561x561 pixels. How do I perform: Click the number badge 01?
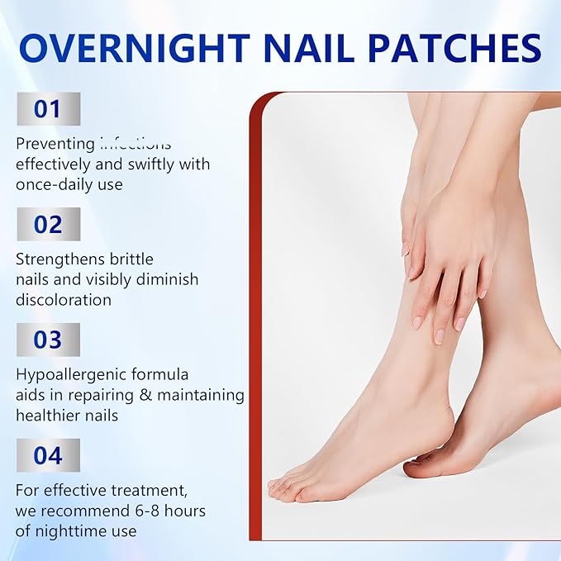[x=48, y=109]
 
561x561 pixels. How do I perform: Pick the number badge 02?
[x=48, y=224]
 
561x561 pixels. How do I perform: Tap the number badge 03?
[x=48, y=340]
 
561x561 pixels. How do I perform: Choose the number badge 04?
[x=48, y=455]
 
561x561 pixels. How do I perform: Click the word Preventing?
[x=54, y=144]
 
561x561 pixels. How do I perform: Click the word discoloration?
[x=64, y=300]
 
